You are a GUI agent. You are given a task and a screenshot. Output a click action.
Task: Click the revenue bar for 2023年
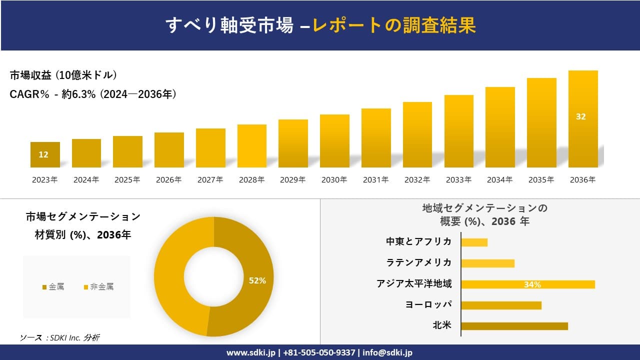pos(45,154)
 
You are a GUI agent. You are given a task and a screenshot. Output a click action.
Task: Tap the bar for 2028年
pos(252,146)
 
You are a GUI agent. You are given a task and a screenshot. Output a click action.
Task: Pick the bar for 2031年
pos(376,138)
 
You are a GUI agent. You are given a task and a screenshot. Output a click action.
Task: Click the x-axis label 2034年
pos(499,180)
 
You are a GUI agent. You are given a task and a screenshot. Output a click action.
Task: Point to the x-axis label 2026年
pos(168,180)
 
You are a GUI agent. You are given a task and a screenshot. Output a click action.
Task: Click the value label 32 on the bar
pos(580,116)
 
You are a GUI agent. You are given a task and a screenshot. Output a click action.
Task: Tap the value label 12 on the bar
pos(43,154)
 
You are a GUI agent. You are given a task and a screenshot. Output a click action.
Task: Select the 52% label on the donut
pos(257,281)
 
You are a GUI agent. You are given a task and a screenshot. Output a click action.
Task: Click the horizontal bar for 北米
pos(514,326)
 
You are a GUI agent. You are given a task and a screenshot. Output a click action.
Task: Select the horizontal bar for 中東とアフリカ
pos(474,242)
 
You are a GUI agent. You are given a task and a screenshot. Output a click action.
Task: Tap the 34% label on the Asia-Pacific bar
pos(532,284)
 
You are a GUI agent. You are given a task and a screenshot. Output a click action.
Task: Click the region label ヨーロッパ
pos(428,304)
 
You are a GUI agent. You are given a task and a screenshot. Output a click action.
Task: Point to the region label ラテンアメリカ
pos(418,262)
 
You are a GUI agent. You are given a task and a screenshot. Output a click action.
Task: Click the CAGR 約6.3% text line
pos(93,94)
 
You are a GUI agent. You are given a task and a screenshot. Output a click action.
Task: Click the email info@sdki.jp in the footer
pos(387,352)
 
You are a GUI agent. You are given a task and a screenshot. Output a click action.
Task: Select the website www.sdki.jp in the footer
pos(251,352)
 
